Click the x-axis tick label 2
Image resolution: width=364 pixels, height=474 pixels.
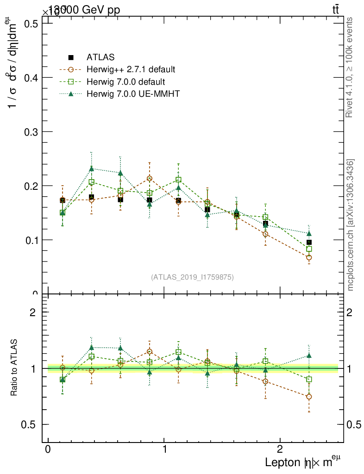tap(280, 450)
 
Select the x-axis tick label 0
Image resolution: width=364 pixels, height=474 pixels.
tap(48, 450)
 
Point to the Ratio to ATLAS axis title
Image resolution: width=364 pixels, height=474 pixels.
tap(14, 368)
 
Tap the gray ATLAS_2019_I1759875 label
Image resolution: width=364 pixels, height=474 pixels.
tap(192, 277)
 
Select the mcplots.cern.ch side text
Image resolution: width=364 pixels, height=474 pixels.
tap(351, 225)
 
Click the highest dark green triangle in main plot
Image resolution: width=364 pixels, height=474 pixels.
tap(92, 168)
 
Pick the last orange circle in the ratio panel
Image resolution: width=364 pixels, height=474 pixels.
tap(309, 397)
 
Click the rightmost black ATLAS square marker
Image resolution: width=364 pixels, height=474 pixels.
tap(309, 242)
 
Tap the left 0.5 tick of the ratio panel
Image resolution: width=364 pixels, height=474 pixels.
tap(30, 424)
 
